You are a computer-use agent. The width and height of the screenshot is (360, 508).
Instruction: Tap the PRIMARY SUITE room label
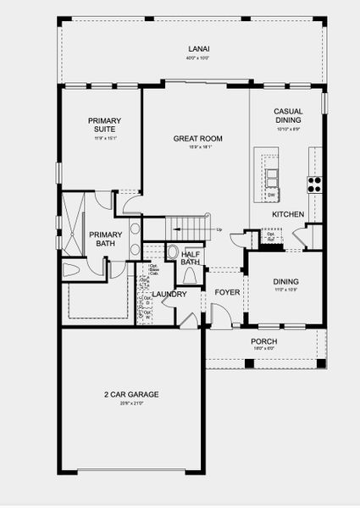click(104, 125)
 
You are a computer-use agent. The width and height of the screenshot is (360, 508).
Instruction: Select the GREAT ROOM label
click(197, 138)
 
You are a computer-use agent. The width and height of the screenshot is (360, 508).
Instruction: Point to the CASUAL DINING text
click(288, 116)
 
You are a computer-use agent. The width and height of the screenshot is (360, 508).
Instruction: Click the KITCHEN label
click(288, 215)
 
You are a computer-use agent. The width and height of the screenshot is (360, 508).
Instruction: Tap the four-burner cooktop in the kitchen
click(314, 182)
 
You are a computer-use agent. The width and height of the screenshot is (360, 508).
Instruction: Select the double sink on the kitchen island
click(272, 178)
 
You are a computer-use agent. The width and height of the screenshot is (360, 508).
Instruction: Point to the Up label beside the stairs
click(219, 229)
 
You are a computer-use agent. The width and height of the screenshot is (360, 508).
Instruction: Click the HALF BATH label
click(190, 258)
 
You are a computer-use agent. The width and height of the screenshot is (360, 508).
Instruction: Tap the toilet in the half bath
click(172, 252)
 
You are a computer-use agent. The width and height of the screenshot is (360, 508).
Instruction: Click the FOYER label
click(226, 293)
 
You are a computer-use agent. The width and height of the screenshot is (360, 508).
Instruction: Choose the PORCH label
click(263, 341)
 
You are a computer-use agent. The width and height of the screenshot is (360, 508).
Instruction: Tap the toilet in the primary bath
click(71, 269)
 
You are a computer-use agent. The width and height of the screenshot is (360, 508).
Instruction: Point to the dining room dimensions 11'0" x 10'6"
click(287, 290)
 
